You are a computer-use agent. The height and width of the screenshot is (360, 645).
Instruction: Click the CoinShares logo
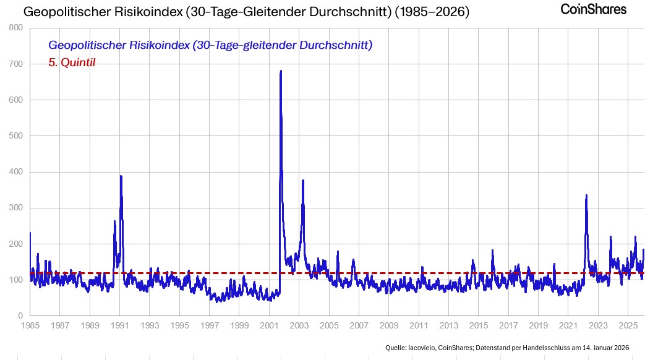click(593, 9)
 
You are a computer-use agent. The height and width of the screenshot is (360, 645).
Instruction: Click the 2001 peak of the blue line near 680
click(281, 72)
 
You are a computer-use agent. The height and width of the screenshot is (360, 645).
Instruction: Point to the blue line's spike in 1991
click(121, 177)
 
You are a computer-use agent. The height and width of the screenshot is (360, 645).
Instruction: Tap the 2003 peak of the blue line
click(303, 181)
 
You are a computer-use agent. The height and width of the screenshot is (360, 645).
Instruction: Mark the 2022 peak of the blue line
click(586, 196)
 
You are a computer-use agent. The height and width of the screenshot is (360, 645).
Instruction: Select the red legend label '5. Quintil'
click(72, 62)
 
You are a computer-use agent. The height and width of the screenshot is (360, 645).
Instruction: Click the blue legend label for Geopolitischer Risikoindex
click(210, 46)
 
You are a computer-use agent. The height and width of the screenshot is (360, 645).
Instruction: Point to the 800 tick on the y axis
click(17, 28)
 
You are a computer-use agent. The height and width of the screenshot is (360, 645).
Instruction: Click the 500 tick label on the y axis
click(17, 136)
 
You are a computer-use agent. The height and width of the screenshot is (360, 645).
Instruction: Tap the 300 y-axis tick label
click(17, 208)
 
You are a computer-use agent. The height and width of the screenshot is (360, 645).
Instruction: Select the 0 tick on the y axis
click(21, 316)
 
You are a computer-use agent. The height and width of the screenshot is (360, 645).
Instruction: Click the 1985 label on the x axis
click(30, 325)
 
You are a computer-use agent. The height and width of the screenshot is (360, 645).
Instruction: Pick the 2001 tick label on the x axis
click(270, 325)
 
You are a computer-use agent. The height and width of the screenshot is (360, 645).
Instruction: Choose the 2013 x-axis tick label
click(449, 325)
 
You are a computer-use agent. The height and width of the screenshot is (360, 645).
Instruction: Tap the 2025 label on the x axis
click(628, 325)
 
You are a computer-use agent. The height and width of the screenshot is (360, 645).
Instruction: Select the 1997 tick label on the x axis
click(210, 325)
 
